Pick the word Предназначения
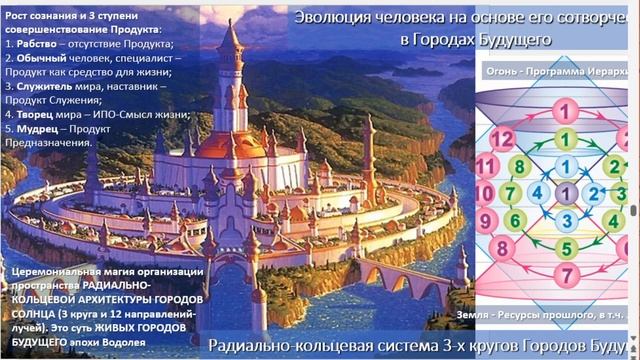(49, 142)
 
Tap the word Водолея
(137, 342)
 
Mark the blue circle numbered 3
(567, 220)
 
